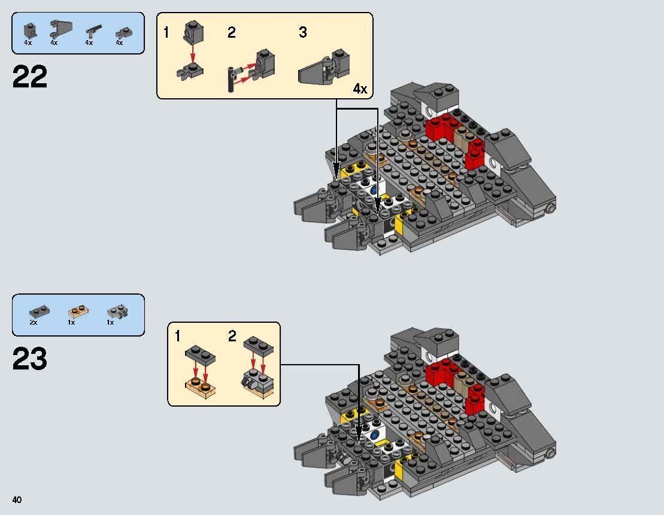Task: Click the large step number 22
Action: pos(29,77)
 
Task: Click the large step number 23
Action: pos(29,359)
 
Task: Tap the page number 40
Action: pos(17,500)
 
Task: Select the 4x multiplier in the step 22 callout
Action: pos(359,89)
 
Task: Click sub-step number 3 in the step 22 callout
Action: pos(303,33)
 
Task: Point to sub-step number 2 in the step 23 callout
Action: pos(232,337)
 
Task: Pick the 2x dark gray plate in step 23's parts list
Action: pos(38,311)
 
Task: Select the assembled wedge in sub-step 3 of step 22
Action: pos(322,71)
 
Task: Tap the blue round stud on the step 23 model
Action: pos(375,435)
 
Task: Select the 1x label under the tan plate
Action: pos(71,322)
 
